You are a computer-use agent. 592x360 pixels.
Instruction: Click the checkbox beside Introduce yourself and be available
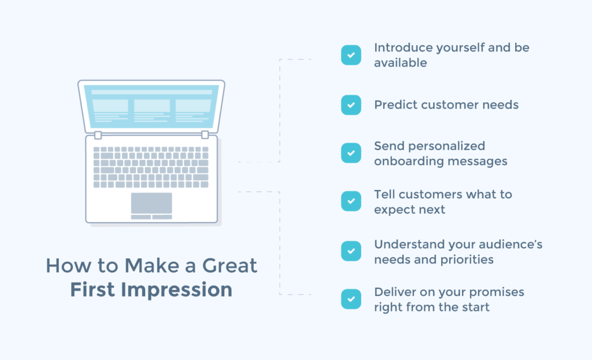point(351,55)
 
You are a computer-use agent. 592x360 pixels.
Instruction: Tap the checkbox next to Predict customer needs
point(351,105)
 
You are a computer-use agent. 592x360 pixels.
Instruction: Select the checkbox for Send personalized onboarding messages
point(351,153)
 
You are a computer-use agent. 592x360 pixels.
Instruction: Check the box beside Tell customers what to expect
point(351,202)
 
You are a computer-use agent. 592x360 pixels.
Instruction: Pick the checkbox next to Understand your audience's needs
point(351,251)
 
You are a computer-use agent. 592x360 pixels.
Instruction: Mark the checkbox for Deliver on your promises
point(351,299)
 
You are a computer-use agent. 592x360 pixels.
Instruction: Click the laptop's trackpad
point(151,203)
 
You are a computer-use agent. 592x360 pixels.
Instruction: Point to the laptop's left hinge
point(98,135)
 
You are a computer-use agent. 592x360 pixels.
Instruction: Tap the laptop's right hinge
point(205,135)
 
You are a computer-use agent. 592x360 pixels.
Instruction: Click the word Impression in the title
point(178,289)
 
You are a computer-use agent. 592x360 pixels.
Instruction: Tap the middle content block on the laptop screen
point(152,106)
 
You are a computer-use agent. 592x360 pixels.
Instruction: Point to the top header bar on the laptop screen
point(151,92)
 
